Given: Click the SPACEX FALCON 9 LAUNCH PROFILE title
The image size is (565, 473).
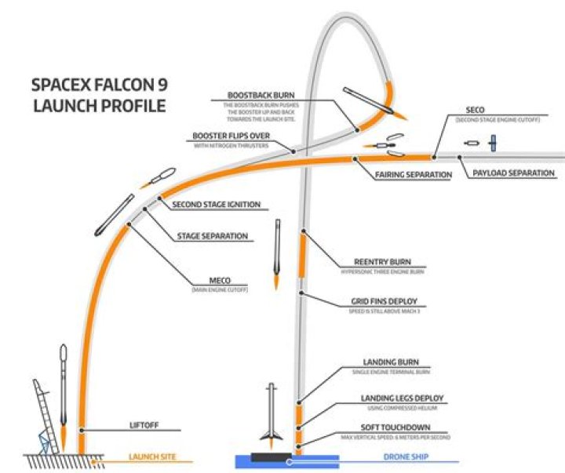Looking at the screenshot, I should (98, 94).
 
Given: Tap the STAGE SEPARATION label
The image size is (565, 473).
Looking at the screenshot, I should (213, 235).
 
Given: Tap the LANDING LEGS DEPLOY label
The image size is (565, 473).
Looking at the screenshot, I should (402, 398).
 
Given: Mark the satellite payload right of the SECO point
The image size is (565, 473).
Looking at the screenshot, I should (493, 144).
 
